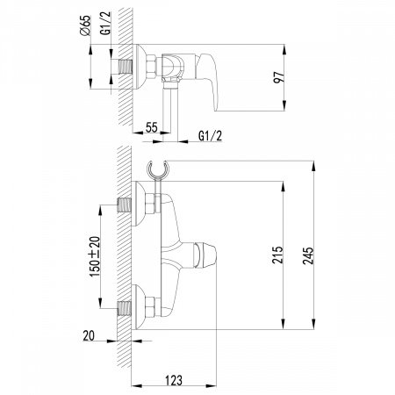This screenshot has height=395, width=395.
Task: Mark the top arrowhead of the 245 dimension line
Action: [312, 163]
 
